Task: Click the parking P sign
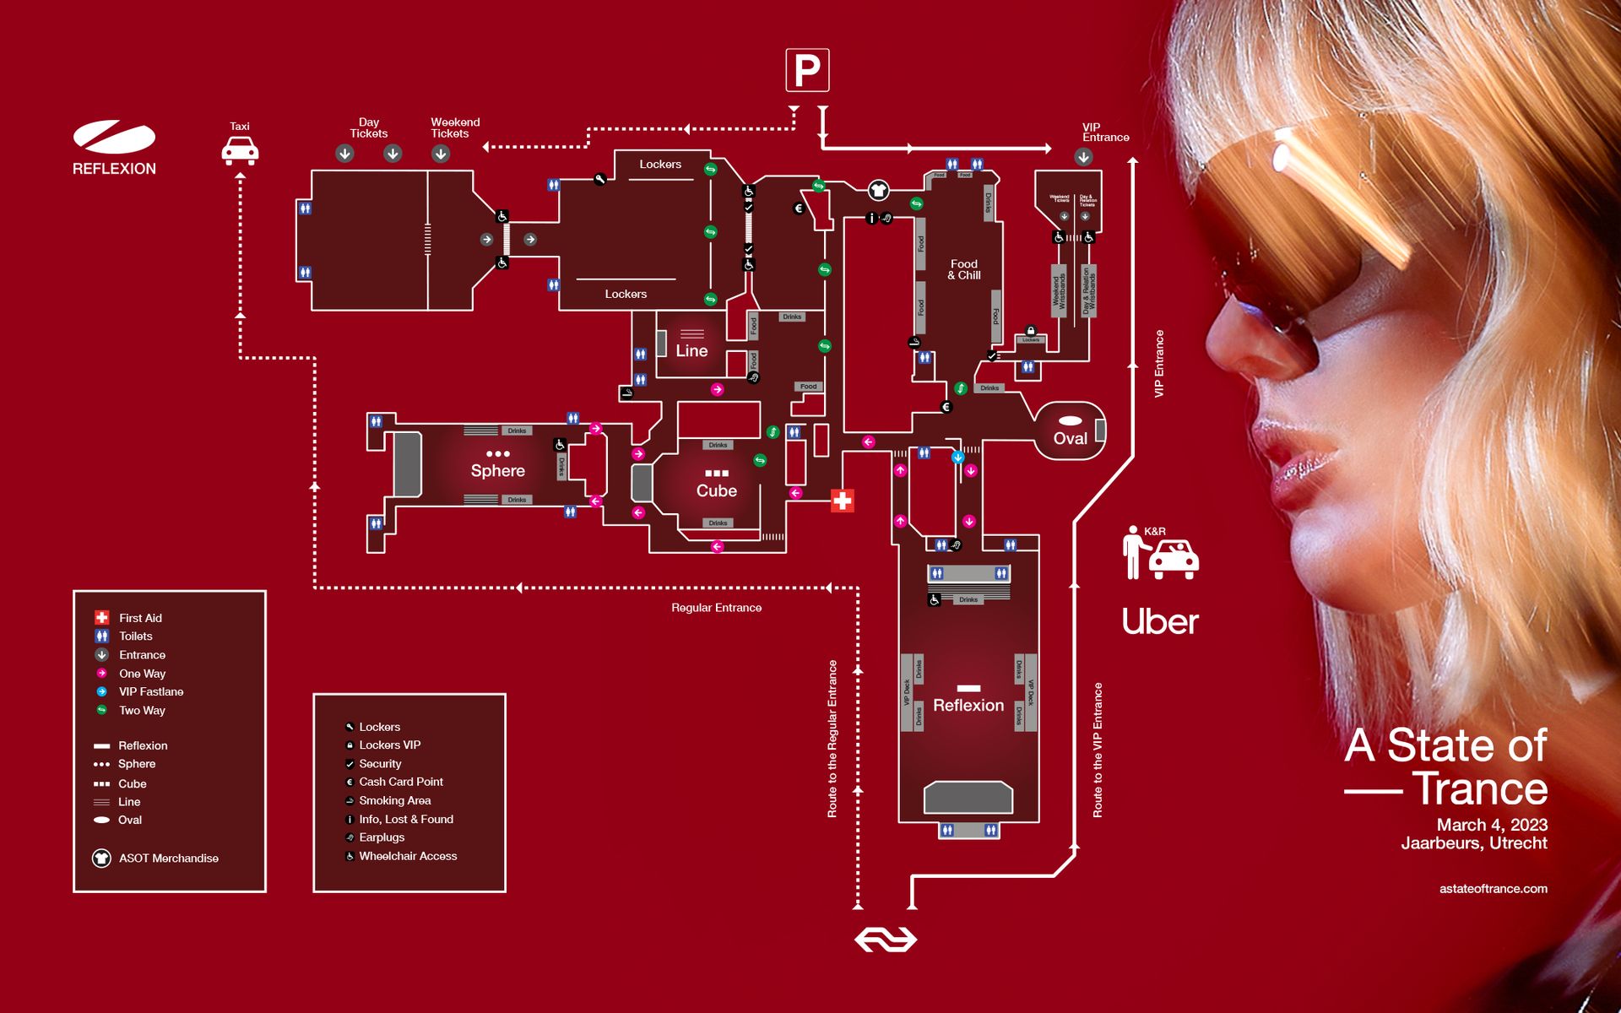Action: point(807,70)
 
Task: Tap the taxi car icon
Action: point(240,152)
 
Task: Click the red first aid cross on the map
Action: point(842,501)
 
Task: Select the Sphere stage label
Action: point(497,471)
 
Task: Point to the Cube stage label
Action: point(716,490)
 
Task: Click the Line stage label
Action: point(691,350)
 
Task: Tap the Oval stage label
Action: point(1070,438)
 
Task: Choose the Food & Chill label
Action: point(963,269)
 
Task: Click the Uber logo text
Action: point(1160,622)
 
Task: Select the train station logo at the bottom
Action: point(885,939)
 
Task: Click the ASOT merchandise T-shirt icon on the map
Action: point(878,190)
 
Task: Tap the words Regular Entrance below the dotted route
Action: point(716,608)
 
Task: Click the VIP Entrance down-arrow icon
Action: point(1083,157)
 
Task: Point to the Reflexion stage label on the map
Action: point(968,705)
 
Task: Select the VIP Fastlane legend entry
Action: point(150,691)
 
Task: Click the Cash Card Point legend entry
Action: point(400,782)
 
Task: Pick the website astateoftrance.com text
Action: point(1493,888)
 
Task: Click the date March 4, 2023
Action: point(1492,825)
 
